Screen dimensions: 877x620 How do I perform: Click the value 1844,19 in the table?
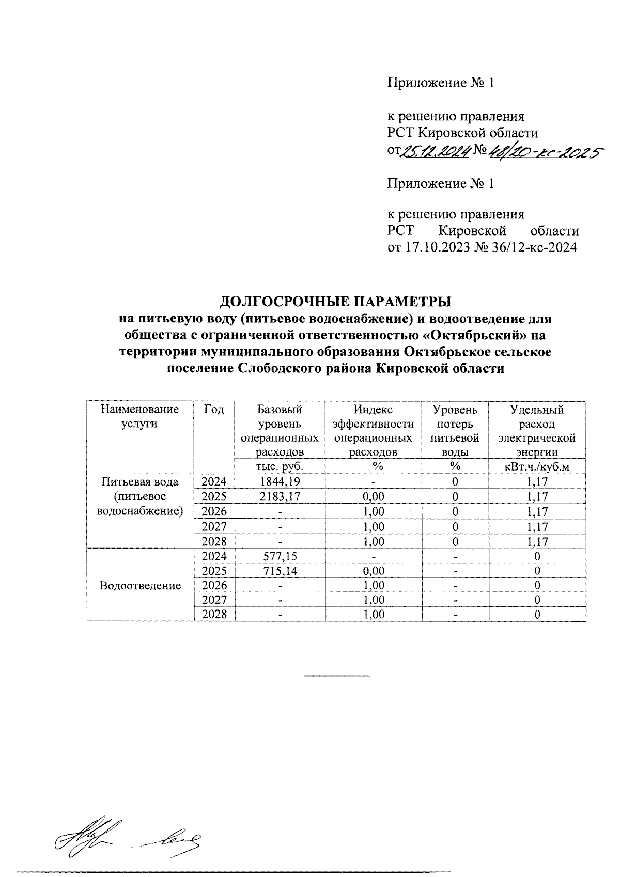tap(280, 482)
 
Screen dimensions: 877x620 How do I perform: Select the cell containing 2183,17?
tap(280, 497)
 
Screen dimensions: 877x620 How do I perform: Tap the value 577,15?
tap(280, 556)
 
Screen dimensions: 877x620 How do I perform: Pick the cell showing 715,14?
tap(280, 571)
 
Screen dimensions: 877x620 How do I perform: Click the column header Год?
tap(214, 410)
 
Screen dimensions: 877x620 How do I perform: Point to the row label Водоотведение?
tap(141, 585)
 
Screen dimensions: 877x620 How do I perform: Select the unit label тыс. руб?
tap(280, 466)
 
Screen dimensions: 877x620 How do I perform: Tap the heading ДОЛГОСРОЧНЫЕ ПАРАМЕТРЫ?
tap(335, 301)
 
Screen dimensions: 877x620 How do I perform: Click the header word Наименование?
tap(141, 410)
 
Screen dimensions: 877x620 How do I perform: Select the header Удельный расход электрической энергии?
tap(537, 431)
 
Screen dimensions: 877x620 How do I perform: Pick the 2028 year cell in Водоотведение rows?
tap(214, 615)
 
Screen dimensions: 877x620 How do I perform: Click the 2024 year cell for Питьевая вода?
tap(214, 482)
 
